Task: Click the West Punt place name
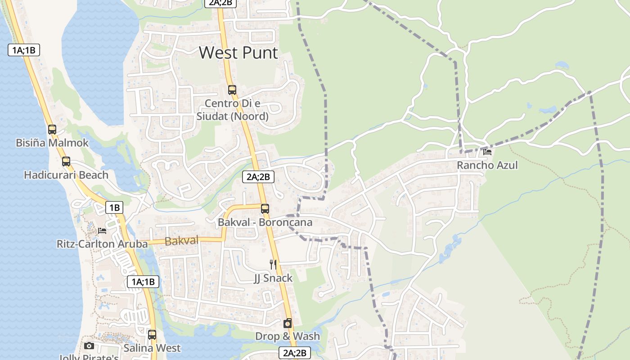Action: pyautogui.click(x=238, y=53)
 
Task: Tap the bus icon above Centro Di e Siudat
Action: pyautogui.click(x=232, y=90)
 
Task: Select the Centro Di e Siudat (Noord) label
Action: pyautogui.click(x=233, y=110)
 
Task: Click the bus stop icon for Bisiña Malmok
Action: pyautogui.click(x=52, y=130)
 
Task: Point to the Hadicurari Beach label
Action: pyautogui.click(x=66, y=175)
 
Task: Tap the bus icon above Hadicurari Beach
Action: pyautogui.click(x=66, y=162)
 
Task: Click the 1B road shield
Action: pyautogui.click(x=114, y=207)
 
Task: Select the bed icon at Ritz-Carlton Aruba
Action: pyautogui.click(x=102, y=231)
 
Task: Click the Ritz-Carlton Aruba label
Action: pyautogui.click(x=102, y=244)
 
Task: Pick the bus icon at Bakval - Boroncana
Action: pyautogui.click(x=265, y=209)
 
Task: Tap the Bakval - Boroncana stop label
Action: pyautogui.click(x=265, y=222)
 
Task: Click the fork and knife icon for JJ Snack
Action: pyautogui.click(x=273, y=264)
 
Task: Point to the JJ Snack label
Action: pyautogui.click(x=273, y=278)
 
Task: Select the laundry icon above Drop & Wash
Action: pyautogui.click(x=288, y=323)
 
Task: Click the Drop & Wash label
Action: pyautogui.click(x=288, y=336)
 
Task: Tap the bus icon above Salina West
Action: pyautogui.click(x=152, y=335)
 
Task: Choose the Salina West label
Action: pyautogui.click(x=152, y=348)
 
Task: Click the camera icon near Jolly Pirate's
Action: pyautogui.click(x=89, y=346)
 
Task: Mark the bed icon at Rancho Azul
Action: pyautogui.click(x=487, y=152)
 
